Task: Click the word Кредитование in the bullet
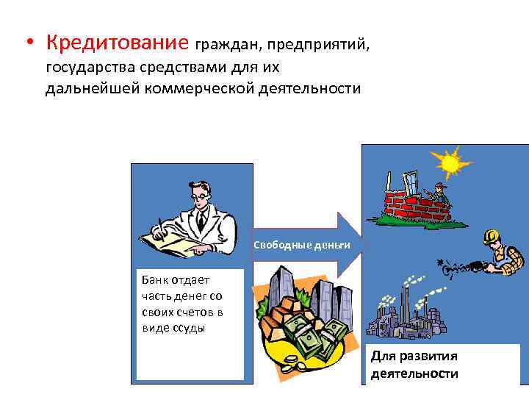pos(118,43)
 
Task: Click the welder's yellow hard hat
pos(491,237)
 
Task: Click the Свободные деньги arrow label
pos(302,244)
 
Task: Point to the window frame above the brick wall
pos(408,180)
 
